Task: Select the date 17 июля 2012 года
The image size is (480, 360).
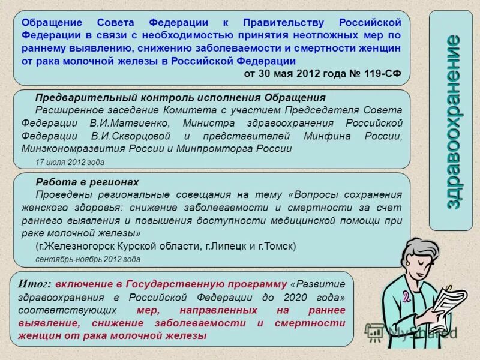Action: (x=70, y=162)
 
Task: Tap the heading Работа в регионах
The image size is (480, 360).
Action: (x=87, y=182)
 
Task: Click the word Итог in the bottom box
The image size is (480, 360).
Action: (x=35, y=284)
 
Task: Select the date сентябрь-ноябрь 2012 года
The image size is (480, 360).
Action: (x=88, y=259)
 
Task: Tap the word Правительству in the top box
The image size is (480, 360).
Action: (x=281, y=22)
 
